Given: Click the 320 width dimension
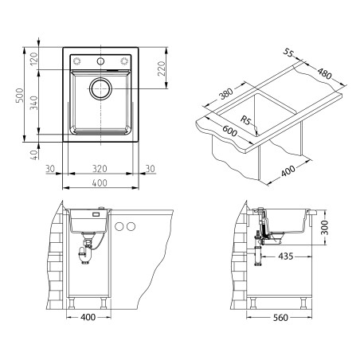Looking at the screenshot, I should (101, 168).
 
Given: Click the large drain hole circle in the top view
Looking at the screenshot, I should (101, 88).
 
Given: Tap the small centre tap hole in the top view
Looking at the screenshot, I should (101, 61).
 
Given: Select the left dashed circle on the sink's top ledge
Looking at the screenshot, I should (77, 61).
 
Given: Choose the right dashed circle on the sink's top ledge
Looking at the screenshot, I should (125, 61).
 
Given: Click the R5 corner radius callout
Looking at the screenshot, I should (247, 122).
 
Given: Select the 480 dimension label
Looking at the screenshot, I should (325, 74).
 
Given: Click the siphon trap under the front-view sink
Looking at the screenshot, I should (85, 254).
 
